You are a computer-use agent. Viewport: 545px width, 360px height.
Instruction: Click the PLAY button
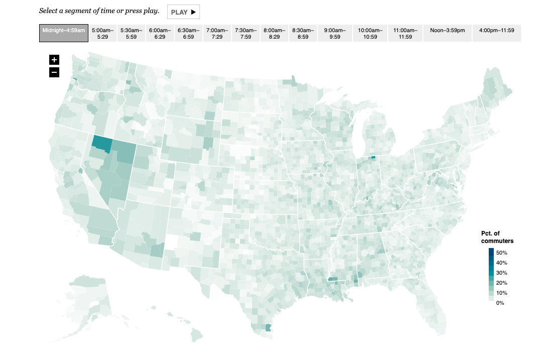(183, 12)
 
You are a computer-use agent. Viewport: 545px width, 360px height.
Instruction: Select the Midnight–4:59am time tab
(64, 33)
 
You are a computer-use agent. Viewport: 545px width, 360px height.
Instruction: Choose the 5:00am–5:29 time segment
(103, 33)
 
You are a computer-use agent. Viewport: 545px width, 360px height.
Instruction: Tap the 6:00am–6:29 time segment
(160, 33)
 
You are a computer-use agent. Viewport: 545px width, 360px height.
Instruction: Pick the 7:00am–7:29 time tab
(217, 33)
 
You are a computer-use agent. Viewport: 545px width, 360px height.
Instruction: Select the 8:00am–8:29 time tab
(275, 33)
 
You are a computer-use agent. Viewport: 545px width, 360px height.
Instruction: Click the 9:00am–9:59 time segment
(335, 33)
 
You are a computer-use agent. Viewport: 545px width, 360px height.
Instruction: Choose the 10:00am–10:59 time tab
(370, 33)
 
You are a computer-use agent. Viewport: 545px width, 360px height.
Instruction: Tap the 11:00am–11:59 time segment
(405, 33)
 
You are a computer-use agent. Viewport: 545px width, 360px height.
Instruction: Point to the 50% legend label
(501, 253)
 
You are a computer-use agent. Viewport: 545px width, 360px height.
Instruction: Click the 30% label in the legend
(501, 273)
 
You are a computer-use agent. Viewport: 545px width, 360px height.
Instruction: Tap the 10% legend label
(501, 293)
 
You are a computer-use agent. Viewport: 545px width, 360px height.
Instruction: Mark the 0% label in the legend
(500, 303)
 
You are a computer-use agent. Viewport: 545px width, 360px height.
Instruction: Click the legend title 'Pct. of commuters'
(497, 237)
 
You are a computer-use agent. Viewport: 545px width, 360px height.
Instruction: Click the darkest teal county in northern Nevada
(102, 144)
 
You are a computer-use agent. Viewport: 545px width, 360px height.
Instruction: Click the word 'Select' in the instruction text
(49, 11)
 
